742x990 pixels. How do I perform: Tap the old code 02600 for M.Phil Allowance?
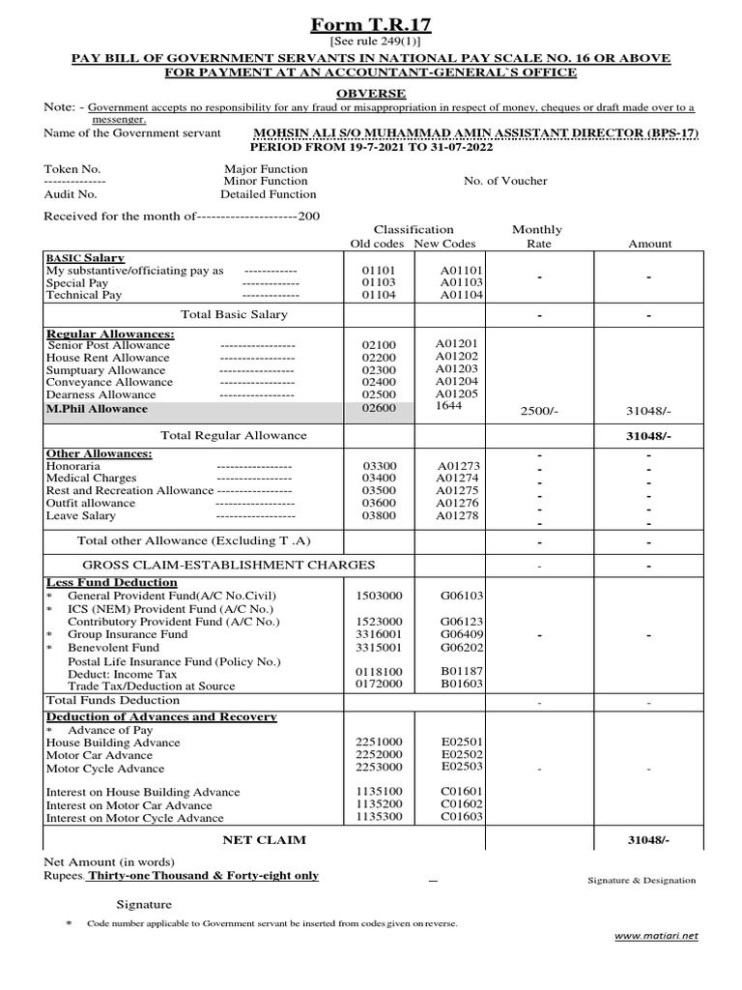[x=379, y=408]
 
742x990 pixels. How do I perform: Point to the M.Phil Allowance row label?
[x=98, y=408]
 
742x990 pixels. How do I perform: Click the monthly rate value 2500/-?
[x=539, y=412]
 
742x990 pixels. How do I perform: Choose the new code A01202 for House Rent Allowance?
[x=456, y=357]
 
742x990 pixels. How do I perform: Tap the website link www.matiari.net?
[x=656, y=936]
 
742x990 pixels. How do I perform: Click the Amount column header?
[x=650, y=244]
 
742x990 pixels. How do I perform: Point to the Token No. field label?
[x=72, y=168]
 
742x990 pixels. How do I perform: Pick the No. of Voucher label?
[x=505, y=181]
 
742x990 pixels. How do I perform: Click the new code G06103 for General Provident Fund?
[x=462, y=597]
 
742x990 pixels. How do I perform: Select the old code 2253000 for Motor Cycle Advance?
[x=379, y=767]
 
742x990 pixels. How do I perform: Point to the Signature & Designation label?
[x=642, y=881]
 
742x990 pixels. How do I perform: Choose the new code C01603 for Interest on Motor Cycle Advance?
[x=461, y=817]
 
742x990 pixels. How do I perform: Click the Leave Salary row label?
[x=81, y=516]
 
